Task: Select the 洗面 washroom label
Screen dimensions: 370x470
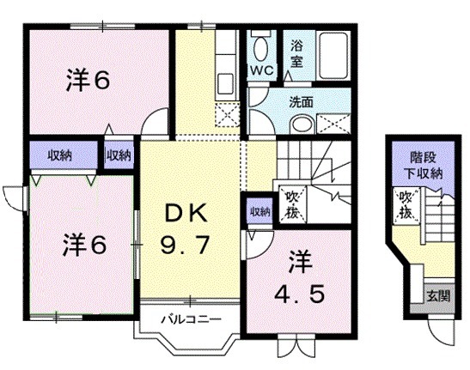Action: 301,100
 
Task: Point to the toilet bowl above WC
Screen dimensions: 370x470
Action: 261,47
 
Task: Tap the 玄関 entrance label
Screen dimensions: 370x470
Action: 438,297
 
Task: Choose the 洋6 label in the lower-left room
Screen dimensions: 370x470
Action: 84,245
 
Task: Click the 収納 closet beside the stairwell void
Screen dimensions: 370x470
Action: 259,211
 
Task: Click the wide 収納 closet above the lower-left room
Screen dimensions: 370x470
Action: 59,155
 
